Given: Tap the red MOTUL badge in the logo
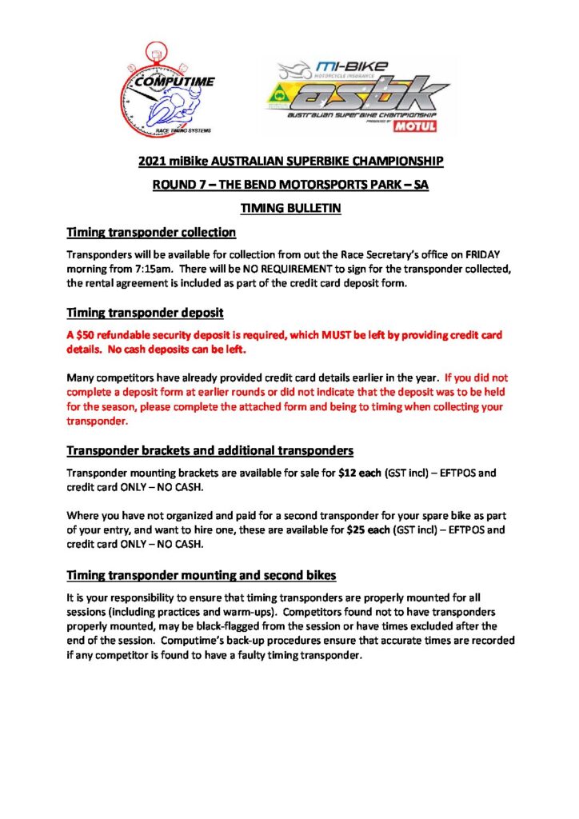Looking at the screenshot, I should click(431, 125).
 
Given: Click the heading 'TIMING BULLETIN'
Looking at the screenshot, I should click(289, 209).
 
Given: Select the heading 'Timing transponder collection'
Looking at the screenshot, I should click(151, 233).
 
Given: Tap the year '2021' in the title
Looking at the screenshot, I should click(152, 162).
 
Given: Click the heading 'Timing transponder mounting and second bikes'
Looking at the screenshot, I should click(202, 574).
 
